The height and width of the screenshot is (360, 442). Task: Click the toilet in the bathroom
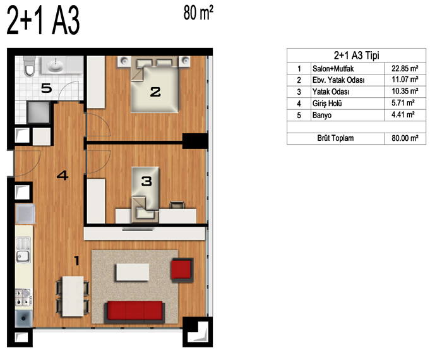[x=29, y=66]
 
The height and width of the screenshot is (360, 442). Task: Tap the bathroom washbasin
[x=55, y=66]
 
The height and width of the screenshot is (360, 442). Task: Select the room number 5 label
[x=47, y=88]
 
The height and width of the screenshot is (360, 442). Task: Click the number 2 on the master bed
[x=155, y=92]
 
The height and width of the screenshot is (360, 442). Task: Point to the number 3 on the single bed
[x=146, y=181]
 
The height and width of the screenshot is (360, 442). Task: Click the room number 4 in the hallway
[x=63, y=176]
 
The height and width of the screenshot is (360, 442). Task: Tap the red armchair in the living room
[x=182, y=270]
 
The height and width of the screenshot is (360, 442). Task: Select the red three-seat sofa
[x=134, y=312]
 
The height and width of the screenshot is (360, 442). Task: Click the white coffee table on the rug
[x=133, y=272]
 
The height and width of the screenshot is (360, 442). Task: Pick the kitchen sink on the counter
[x=23, y=250]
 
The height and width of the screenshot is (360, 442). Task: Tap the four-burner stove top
[x=23, y=297]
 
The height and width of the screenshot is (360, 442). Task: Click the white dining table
[x=73, y=296]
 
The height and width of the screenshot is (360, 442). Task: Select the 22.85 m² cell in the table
[x=405, y=68]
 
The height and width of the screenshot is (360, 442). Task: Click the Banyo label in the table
[x=322, y=116]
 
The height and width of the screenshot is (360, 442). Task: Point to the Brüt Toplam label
[x=335, y=138]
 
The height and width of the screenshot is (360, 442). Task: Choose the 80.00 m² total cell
[x=405, y=138]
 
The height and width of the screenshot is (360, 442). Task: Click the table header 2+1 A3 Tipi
[x=356, y=55]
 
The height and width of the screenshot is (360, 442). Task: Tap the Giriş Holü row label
[x=327, y=104]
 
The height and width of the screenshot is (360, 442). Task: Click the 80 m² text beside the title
[x=198, y=13]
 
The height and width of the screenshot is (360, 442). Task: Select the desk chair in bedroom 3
[x=177, y=205]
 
